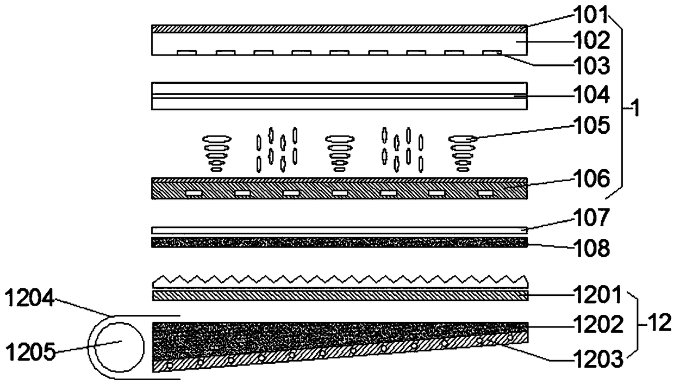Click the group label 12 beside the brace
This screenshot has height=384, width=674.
click(661, 325)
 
